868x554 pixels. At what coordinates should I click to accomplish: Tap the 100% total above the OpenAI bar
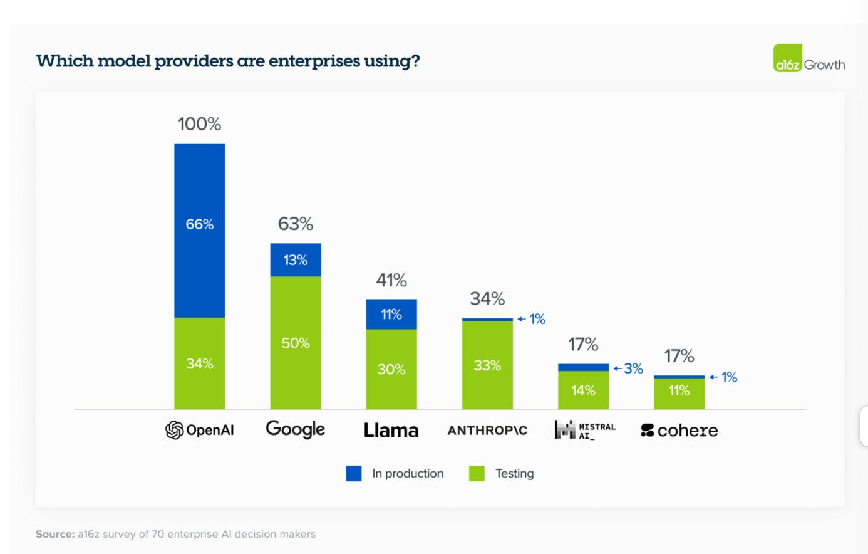199,124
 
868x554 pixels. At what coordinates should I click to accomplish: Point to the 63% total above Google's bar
295,224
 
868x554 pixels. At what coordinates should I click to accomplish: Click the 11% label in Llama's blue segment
391,314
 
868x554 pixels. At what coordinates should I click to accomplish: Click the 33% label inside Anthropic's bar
487,365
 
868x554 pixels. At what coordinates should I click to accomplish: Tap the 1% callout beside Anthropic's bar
537,319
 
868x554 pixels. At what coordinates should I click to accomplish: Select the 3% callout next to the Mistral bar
633,368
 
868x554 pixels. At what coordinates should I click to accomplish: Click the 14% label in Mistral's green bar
583,390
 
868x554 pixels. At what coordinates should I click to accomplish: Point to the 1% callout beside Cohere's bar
728,377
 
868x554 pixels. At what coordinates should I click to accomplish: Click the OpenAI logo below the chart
175,430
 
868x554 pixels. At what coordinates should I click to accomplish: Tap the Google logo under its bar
295,429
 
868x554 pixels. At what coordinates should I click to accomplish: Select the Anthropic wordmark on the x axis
487,431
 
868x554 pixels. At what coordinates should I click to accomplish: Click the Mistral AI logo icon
565,430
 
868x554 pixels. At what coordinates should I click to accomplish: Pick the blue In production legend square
354,474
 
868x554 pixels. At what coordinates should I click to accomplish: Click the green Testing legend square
477,474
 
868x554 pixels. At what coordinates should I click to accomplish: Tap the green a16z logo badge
787,58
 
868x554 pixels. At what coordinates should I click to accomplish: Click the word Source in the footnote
55,534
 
